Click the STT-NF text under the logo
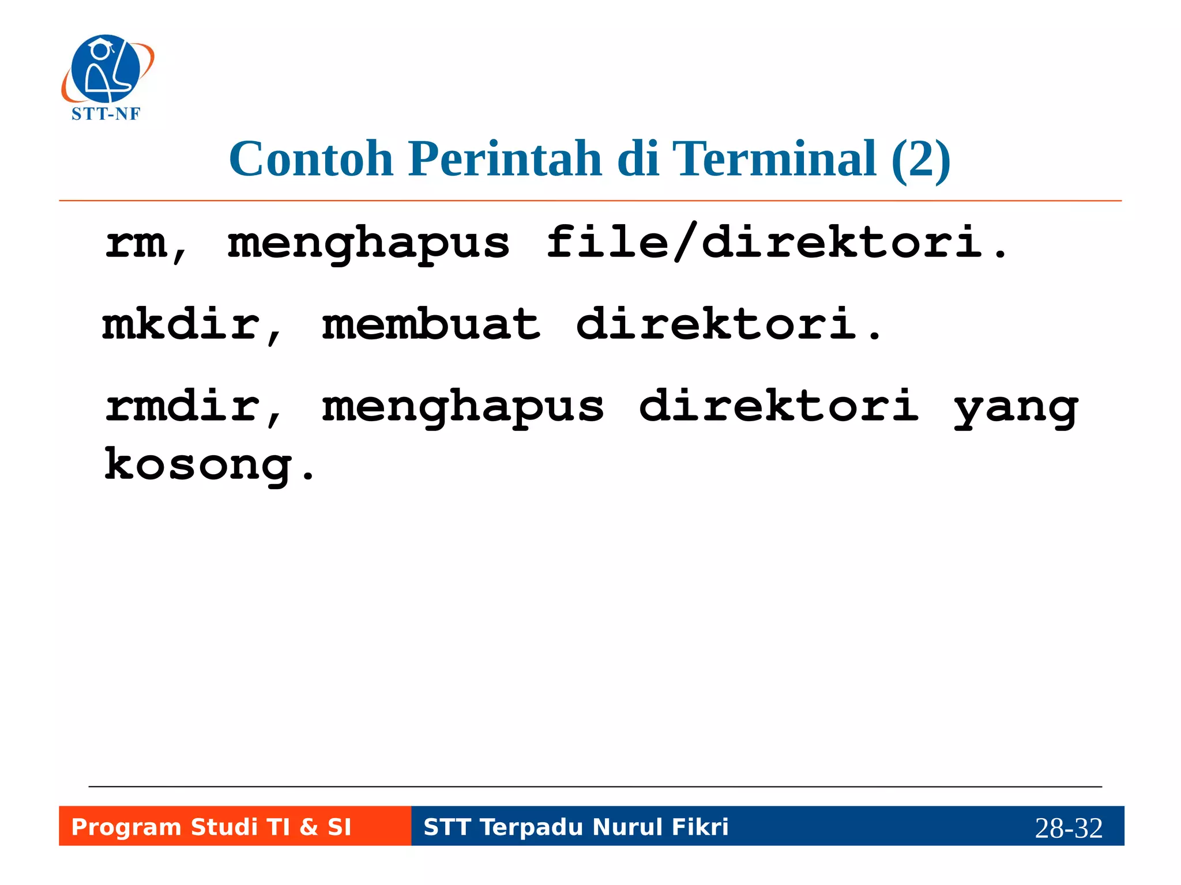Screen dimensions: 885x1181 106,114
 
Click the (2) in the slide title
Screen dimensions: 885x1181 920,160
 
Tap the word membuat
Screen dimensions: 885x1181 431,324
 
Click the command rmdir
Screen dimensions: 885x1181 183,406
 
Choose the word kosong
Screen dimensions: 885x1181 199,466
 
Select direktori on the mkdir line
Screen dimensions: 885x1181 717,324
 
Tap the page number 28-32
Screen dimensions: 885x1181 1068,828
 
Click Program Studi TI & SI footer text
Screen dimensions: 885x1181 211,827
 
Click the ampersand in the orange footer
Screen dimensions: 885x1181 309,827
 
